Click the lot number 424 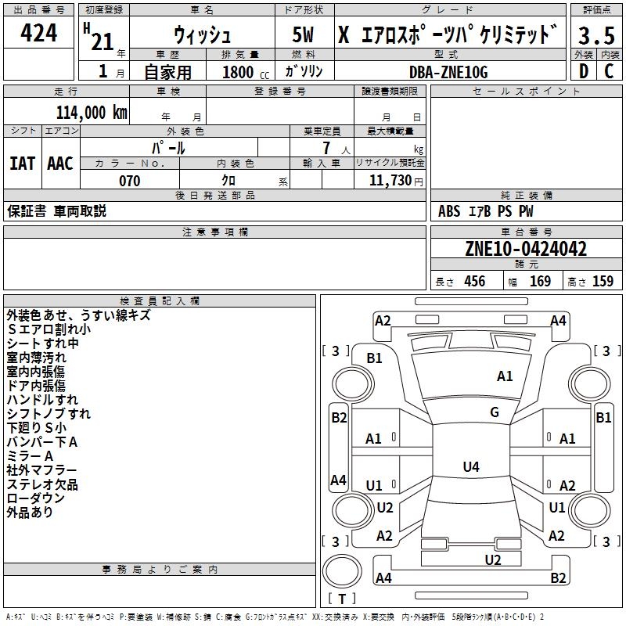coord(38,34)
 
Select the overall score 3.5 coord(595,36)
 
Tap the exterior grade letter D coord(583,70)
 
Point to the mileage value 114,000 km coord(92,112)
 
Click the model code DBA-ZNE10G coord(448,72)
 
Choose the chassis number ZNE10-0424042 coord(525,249)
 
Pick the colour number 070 coord(129,181)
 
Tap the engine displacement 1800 coord(239,72)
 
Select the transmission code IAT coord(22,164)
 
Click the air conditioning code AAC coord(60,164)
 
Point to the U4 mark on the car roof coord(470,467)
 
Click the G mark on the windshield coord(495,412)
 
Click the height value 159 coord(603,282)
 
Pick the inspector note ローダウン coord(36,498)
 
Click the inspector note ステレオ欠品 coord(42,484)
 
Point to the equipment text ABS coord(449,211)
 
